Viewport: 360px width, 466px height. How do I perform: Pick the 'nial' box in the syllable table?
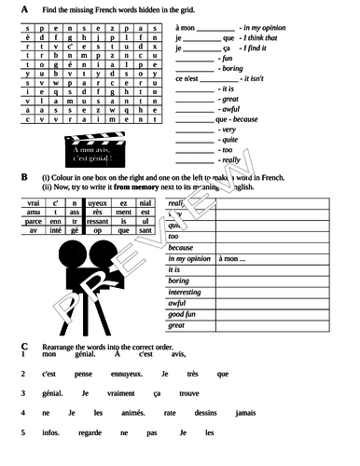pos(144,202)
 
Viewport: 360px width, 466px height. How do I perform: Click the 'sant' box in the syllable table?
pos(144,230)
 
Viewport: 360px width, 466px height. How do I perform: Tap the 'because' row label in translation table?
pos(181,248)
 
